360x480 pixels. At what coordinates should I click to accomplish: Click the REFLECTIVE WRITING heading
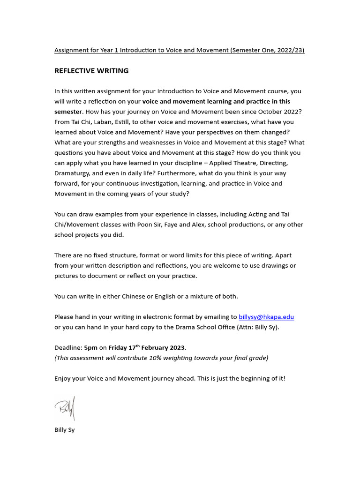point(91,71)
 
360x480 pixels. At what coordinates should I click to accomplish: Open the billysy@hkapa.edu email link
point(266,317)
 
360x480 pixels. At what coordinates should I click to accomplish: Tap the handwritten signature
point(65,409)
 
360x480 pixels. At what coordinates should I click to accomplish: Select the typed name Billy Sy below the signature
point(64,430)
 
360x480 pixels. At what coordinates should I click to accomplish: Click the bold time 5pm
point(91,348)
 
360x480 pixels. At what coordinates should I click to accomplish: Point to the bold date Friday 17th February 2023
point(147,348)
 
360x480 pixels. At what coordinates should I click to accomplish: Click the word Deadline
point(67,348)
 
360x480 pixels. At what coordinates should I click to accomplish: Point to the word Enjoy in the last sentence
point(63,378)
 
